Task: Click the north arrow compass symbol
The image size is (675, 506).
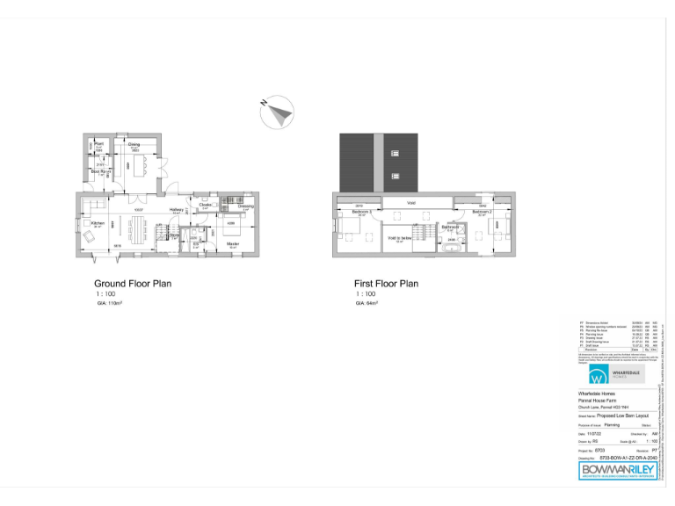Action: coord(279,112)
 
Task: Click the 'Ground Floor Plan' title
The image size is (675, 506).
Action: coord(133,284)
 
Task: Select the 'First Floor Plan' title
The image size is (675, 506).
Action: coord(386,284)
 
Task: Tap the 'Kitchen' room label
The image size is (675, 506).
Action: coord(98,222)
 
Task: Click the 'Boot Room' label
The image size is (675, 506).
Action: coord(98,171)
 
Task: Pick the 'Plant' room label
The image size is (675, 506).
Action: coord(99,143)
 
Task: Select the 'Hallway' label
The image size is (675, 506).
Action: coord(176,210)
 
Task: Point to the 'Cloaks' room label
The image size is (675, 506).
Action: coord(205,206)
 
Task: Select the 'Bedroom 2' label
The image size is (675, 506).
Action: coord(481,212)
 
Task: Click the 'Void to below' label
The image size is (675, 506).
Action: coord(400,237)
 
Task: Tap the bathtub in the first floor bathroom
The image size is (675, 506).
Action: coord(451,249)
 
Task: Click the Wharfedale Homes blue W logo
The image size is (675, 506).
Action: coord(598,376)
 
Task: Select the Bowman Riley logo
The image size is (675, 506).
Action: coord(618,470)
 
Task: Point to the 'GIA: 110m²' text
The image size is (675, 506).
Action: coord(109,303)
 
